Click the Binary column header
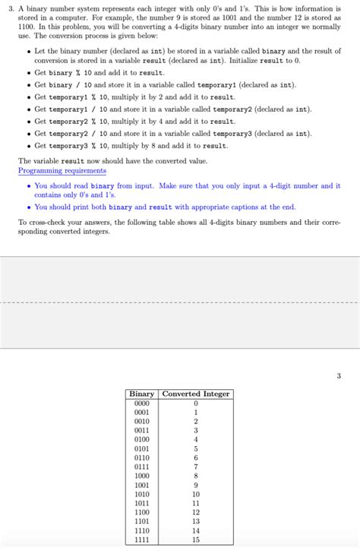click(142, 394)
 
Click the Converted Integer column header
click(195, 394)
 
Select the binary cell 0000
click(142, 404)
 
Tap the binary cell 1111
click(142, 540)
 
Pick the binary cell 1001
click(142, 485)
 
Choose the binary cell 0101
click(142, 448)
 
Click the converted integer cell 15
click(195, 540)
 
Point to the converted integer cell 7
click(195, 467)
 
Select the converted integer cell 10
click(195, 494)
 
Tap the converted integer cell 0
click(195, 404)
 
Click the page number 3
click(339, 375)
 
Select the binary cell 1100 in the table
click(142, 512)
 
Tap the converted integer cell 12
click(195, 512)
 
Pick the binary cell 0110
click(142, 458)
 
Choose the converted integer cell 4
click(195, 439)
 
